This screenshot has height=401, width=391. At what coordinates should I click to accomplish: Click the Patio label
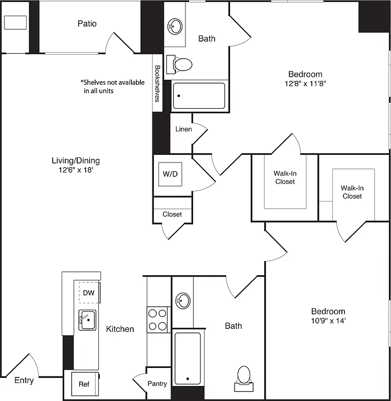click(87, 24)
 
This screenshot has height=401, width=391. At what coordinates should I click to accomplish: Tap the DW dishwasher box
click(89, 293)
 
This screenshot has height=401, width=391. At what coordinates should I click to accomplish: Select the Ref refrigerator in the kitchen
click(84, 384)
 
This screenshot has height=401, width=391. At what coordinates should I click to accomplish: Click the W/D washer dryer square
click(170, 174)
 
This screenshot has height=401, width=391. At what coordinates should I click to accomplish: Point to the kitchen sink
click(87, 320)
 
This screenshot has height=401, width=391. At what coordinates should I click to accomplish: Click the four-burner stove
click(157, 320)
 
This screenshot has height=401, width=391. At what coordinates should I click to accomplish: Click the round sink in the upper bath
click(175, 25)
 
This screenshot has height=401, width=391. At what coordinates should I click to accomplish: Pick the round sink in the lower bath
click(182, 301)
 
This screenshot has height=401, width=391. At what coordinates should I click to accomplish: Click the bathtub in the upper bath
click(199, 96)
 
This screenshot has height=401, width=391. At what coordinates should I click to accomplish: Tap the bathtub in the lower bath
click(187, 358)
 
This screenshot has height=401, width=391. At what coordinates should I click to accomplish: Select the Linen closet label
click(183, 129)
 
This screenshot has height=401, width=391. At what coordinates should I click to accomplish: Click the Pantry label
click(157, 383)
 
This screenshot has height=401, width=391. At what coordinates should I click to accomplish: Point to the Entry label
click(24, 380)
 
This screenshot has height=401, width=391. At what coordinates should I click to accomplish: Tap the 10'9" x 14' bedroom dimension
click(328, 320)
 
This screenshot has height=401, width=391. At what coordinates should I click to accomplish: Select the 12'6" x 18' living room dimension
click(76, 170)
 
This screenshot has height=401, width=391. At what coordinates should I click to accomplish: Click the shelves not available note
click(112, 87)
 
